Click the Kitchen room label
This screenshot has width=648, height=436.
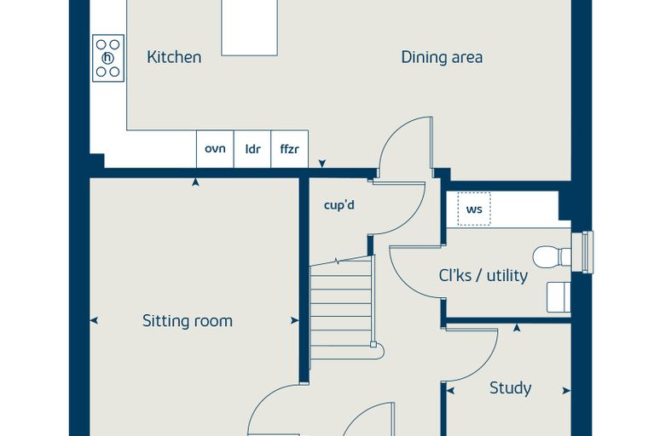(174, 57)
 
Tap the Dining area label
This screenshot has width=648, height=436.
(442, 57)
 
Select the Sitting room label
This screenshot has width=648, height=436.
(188, 321)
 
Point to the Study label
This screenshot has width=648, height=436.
(511, 388)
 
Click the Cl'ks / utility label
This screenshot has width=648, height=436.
(483, 275)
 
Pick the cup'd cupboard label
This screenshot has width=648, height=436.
(338, 204)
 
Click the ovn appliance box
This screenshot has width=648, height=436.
(215, 149)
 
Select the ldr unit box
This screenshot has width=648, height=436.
(252, 149)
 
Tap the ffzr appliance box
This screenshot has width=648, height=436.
(289, 149)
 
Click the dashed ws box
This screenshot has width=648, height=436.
(474, 209)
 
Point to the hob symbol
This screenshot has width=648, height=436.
(108, 58)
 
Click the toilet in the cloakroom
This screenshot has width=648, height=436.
(552, 257)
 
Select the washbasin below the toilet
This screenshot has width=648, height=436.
(558, 297)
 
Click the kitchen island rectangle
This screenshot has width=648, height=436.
(249, 27)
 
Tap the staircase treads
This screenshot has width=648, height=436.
(342, 307)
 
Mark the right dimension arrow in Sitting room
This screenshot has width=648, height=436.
(295, 320)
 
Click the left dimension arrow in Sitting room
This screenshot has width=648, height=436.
(94, 320)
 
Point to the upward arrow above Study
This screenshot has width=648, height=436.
(517, 328)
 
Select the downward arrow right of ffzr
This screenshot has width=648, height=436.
(322, 163)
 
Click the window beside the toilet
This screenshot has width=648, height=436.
(587, 252)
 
